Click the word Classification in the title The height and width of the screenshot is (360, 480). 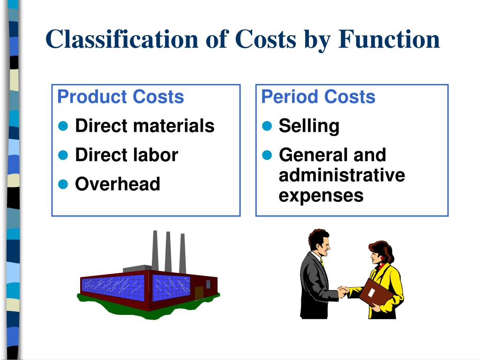(121, 39)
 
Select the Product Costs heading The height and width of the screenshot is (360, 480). (120, 97)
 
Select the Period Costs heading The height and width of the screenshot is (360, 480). (318, 97)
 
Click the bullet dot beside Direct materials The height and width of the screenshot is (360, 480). (64, 126)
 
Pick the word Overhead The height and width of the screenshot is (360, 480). (118, 184)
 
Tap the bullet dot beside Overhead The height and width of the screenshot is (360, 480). (64, 184)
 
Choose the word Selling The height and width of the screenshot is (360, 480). (309, 126)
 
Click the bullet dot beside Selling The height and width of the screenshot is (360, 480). (267, 126)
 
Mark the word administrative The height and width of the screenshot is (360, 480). (342, 175)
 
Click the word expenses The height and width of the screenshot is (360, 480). (321, 195)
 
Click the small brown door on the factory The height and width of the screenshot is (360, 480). (199, 292)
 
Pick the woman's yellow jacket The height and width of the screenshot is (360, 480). (392, 281)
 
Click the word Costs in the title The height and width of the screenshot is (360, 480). (265, 39)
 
